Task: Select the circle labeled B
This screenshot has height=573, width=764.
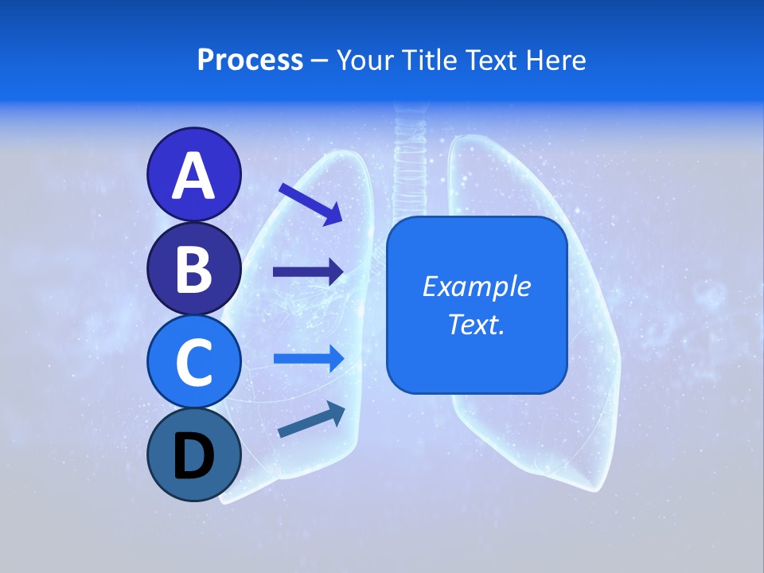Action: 193,268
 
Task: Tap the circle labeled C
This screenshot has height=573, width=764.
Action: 193,361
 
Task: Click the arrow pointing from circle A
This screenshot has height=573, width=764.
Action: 310,203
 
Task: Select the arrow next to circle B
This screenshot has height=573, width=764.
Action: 308,272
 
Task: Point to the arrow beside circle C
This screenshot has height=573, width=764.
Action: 308,358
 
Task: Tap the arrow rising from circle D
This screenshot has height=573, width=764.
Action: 311,420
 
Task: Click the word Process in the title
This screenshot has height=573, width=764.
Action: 250,60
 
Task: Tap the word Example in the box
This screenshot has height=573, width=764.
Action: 476,286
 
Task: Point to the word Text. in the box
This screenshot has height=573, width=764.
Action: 476,324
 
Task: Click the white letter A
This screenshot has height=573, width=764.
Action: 193,176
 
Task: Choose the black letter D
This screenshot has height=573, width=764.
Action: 193,457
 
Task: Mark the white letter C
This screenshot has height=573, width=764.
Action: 193,363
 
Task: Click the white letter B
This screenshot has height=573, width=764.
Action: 193,268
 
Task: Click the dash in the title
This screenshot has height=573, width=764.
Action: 320,61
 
